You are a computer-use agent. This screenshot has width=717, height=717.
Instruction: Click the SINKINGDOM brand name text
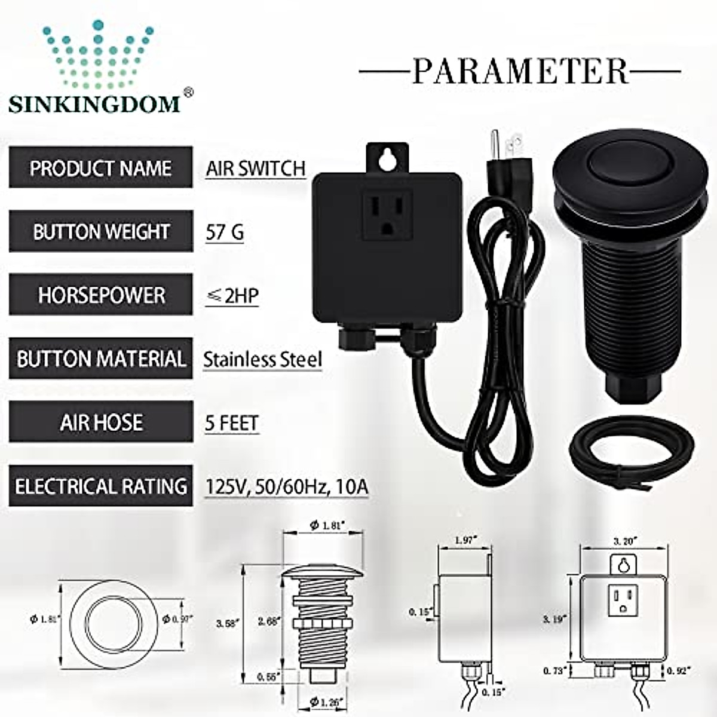(94, 103)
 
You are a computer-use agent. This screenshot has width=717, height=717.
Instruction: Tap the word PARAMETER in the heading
(520, 71)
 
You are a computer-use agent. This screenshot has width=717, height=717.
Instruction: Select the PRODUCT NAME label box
(100, 168)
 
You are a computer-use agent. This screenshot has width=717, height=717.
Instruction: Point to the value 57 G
(225, 232)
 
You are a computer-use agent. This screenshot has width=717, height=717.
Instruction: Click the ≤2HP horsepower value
(232, 295)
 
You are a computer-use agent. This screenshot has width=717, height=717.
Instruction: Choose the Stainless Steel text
(262, 360)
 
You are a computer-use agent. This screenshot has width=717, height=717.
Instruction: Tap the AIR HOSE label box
(100, 422)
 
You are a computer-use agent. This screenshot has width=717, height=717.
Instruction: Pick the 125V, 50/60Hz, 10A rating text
(287, 487)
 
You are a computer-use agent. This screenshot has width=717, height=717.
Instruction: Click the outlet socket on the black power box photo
(384, 217)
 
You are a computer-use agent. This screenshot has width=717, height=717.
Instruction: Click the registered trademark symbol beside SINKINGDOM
(188, 93)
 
